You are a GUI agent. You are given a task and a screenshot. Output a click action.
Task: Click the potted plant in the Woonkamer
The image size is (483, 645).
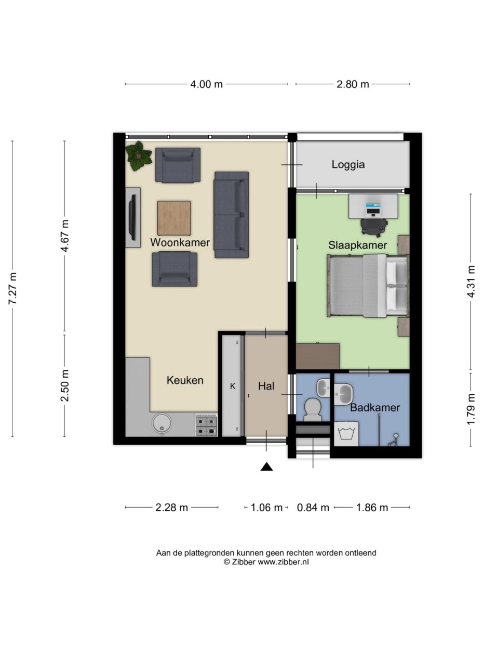click(139, 156)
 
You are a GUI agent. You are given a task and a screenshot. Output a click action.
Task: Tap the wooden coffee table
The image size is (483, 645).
click(174, 218)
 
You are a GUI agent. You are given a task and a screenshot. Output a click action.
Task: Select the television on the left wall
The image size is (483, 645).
click(133, 217)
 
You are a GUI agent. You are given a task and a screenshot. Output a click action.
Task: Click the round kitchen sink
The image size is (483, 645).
click(162, 423)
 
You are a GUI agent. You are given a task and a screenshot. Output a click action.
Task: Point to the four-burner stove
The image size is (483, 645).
click(207, 425)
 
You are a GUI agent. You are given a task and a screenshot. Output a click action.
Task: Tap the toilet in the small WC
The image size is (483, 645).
click(313, 409)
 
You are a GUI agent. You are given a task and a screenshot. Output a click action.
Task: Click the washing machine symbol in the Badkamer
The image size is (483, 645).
click(346, 434)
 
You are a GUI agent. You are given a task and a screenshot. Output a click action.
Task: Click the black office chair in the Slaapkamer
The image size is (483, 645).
click(374, 227)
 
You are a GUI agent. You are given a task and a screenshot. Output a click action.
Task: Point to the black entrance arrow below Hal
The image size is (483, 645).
click(266, 467)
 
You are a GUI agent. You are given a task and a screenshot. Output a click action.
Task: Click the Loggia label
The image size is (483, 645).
click(348, 164)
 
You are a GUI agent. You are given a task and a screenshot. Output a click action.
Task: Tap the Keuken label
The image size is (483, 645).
click(185, 380)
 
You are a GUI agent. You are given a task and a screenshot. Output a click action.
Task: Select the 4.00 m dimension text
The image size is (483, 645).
click(207, 84)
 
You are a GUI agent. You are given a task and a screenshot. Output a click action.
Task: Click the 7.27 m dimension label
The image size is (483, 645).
click(12, 289)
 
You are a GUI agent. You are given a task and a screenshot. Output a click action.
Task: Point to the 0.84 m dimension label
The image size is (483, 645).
click(313, 508)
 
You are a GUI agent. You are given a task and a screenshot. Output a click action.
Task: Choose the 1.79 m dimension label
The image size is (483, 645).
click(471, 409)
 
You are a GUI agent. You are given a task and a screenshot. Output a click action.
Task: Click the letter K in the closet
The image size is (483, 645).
click(233, 386)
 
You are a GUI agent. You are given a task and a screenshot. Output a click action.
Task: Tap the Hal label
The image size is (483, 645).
click(266, 386)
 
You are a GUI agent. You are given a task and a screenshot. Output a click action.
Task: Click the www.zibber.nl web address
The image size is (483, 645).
click(283, 562)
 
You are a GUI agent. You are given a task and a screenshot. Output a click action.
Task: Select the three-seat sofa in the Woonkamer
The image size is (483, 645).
click(232, 215)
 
